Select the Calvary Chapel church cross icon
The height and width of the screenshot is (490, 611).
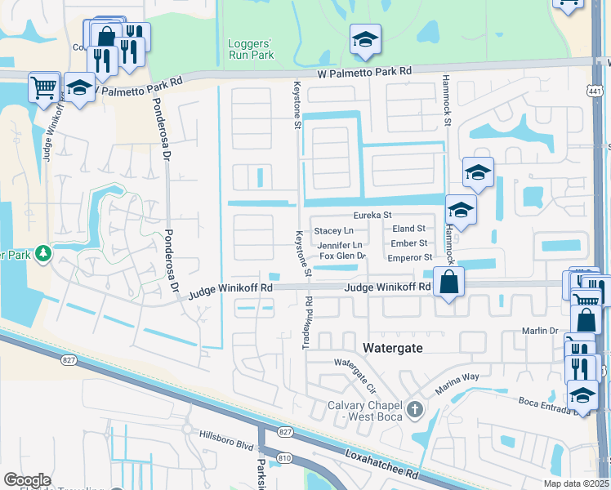415,408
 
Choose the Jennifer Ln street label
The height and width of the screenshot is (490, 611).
339,244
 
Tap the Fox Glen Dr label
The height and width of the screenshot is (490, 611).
341,256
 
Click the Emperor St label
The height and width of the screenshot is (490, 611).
410,257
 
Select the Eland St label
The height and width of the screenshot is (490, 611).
408,229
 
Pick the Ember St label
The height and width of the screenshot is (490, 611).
409,243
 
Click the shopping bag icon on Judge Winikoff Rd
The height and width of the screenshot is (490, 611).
448,283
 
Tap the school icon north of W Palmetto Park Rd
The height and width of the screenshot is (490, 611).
365,39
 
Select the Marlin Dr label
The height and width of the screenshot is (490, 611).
540,331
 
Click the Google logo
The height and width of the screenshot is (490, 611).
27,480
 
